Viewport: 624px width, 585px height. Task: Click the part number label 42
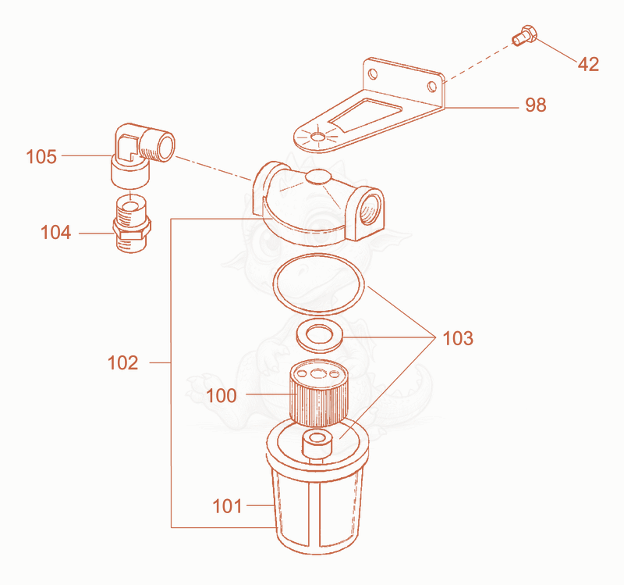588,64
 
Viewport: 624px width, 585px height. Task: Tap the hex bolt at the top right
524,35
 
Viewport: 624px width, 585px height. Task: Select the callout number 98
536,105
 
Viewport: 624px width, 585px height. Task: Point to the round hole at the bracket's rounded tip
317,137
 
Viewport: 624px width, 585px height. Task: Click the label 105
41,157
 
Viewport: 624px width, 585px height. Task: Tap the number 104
55,232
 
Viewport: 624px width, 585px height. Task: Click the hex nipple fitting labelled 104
132,225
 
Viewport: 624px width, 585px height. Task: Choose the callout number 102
123,363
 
